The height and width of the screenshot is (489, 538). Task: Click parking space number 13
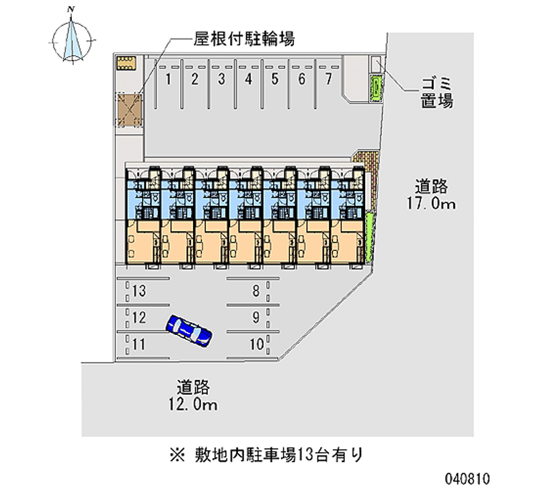coord(139,291)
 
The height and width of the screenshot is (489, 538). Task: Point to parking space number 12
coord(139,317)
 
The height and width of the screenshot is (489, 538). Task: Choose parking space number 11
coord(139,344)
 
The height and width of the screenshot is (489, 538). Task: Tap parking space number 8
coord(256,291)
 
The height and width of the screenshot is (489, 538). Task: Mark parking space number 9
coord(256,317)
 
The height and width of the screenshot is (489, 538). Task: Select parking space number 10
coord(255,344)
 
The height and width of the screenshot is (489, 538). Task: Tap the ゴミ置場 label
coord(436,93)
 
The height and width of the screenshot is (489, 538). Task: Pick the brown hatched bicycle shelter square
coord(128,108)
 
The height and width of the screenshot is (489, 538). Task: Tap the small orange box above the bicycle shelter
coord(126,63)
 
